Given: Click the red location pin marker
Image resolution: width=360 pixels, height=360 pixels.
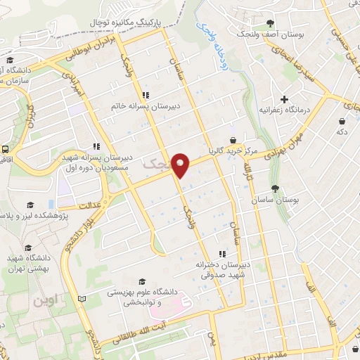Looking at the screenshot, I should tap(181, 165).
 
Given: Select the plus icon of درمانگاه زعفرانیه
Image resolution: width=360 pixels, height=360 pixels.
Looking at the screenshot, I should tap(284, 98).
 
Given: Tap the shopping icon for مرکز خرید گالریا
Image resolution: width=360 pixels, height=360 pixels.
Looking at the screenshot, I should tap(233, 140).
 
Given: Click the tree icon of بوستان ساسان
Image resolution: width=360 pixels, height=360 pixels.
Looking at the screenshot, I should tap(275, 188).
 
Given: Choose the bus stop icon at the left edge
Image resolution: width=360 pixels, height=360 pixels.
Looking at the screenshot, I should tap(5, 149).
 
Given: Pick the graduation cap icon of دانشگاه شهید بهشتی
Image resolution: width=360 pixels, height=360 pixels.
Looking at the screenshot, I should tap(28, 248).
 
